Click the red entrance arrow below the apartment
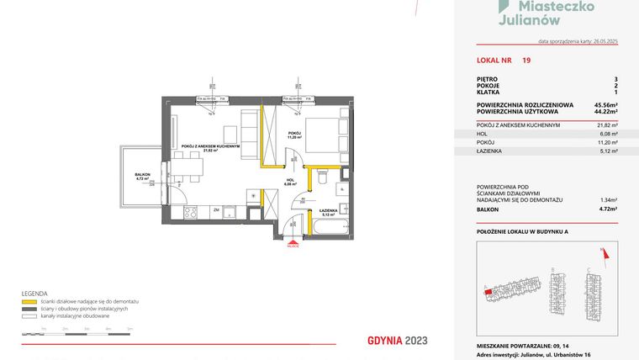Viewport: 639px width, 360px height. [x=291, y=241]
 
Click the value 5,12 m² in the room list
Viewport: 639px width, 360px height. [x=607, y=151]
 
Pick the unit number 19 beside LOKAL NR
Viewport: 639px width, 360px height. [x=525, y=61]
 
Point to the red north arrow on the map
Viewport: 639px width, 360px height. [x=601, y=252]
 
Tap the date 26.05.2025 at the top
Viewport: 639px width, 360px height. [x=600, y=40]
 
